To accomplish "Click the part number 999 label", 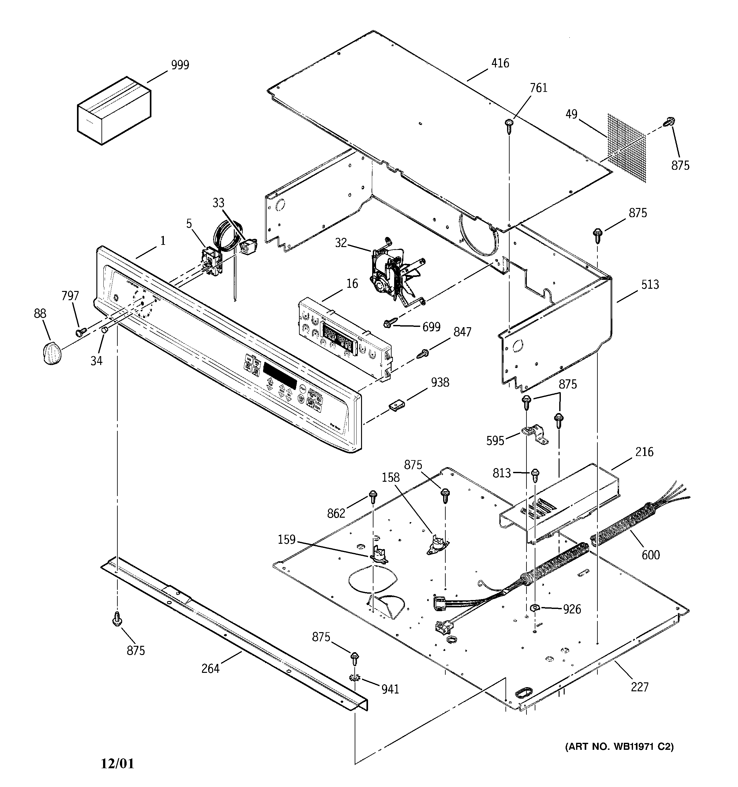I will point(180,65).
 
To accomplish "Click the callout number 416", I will point(500,63).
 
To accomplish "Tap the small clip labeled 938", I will point(397,405).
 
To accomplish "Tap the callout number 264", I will point(210,669).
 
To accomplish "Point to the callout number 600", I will point(651,555).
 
